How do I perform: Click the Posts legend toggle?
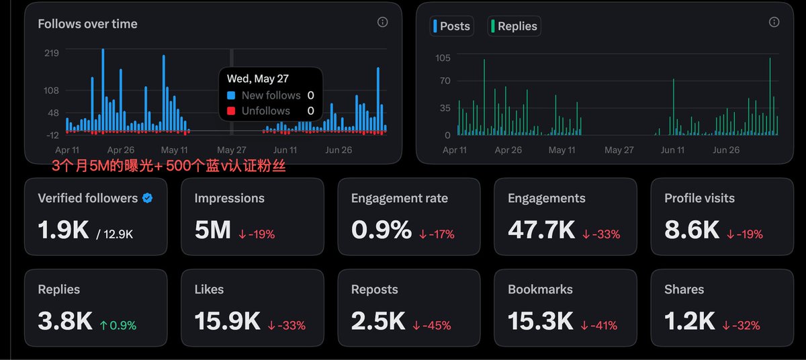(451, 26)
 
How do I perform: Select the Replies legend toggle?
(514, 26)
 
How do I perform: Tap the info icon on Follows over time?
(382, 22)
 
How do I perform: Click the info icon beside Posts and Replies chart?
(774, 22)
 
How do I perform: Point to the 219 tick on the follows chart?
(52, 53)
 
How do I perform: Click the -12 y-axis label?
(52, 135)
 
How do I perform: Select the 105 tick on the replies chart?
(443, 58)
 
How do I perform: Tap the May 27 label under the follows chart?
(231, 150)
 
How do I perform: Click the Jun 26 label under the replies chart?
(726, 150)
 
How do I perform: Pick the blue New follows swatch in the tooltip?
(231, 95)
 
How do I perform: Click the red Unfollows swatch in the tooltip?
(231, 111)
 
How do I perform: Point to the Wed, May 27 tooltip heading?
(258, 79)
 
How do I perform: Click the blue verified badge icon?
(147, 198)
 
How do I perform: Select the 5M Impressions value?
(213, 230)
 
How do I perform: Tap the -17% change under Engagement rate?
(437, 234)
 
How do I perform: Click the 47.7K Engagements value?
(541, 230)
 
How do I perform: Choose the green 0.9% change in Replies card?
(118, 326)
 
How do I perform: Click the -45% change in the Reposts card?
(432, 326)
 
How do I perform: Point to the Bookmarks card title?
(540, 289)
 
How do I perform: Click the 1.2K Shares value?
(689, 321)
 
